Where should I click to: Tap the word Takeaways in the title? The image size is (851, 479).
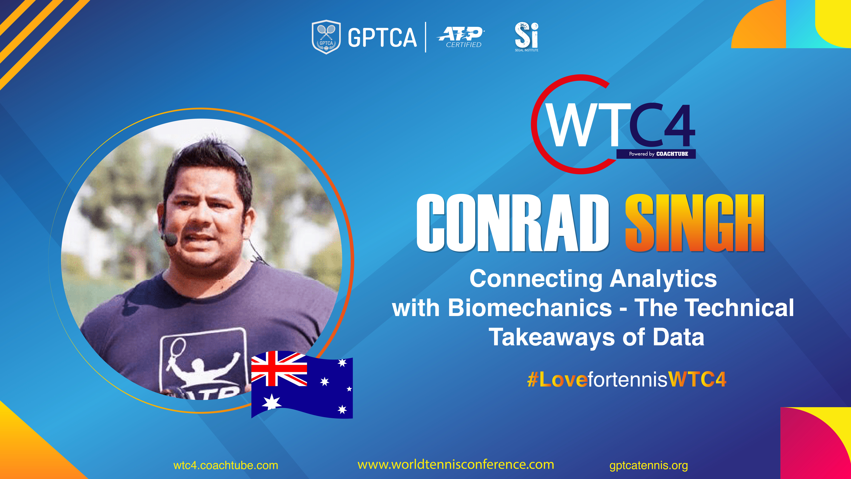pyautogui.click(x=552, y=337)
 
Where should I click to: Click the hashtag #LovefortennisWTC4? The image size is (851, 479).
pyautogui.click(x=627, y=379)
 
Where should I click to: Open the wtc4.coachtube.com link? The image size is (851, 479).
pyautogui.click(x=226, y=465)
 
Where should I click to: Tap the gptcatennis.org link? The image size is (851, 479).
pyautogui.click(x=648, y=465)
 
